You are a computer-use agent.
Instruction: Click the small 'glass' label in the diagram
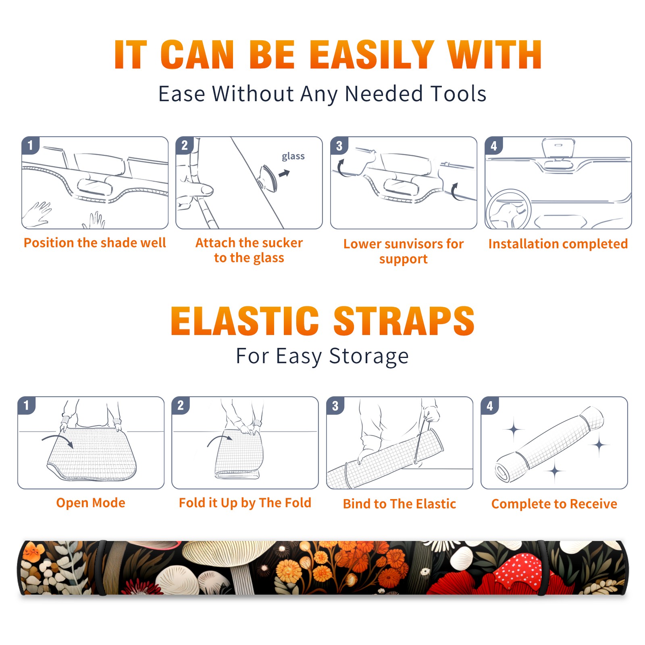click(x=293, y=156)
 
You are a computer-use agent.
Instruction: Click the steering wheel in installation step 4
click(x=508, y=209)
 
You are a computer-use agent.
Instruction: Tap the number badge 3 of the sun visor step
click(x=339, y=146)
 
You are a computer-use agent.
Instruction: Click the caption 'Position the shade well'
click(x=95, y=243)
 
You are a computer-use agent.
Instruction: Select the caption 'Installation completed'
click(x=558, y=244)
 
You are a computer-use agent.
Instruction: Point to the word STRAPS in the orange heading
click(x=404, y=321)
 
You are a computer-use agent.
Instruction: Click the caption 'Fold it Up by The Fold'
click(x=245, y=503)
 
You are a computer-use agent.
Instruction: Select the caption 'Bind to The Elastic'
click(x=399, y=504)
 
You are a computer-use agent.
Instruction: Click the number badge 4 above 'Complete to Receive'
click(x=490, y=406)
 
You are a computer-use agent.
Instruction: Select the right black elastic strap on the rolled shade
click(x=543, y=568)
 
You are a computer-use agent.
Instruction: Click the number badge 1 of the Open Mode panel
click(x=26, y=406)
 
